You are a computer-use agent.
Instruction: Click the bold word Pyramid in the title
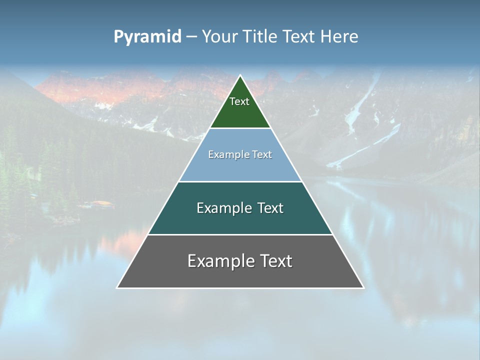tap(147, 37)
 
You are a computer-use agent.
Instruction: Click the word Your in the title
tap(219, 37)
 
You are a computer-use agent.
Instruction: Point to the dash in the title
tap(191, 37)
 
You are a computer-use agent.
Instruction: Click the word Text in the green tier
tap(239, 101)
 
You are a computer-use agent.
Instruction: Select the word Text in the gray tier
tap(275, 261)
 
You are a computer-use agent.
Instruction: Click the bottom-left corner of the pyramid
tap(118, 287)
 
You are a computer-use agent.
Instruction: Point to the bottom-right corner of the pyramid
tap(362, 287)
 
